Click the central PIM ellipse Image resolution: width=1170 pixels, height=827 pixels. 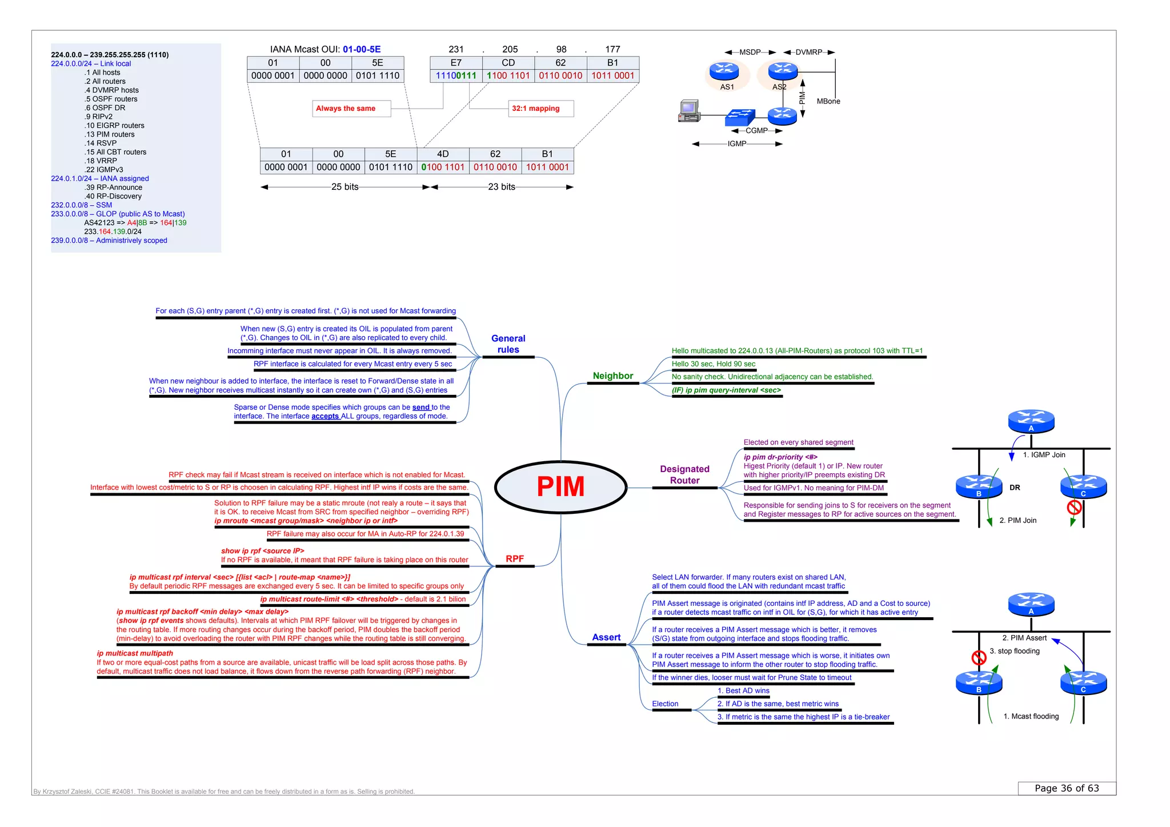click(x=560, y=487)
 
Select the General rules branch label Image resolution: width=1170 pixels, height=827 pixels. click(x=508, y=344)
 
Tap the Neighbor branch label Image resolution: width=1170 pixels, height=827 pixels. click(x=612, y=375)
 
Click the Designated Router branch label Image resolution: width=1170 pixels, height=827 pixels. click(x=684, y=474)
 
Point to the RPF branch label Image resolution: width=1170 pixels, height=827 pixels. click(x=514, y=558)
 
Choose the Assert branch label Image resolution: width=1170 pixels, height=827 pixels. click(x=606, y=637)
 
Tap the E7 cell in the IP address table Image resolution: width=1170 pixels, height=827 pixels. click(x=455, y=63)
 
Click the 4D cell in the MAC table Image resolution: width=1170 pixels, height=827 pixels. click(x=443, y=154)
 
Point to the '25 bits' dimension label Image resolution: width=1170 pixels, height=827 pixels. click(x=344, y=187)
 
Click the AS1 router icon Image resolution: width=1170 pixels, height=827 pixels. click(x=724, y=71)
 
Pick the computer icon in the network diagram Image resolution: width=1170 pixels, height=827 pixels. click(x=689, y=111)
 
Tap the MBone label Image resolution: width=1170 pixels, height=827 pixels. click(x=828, y=101)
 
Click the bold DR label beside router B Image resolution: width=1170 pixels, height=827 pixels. click(x=1015, y=488)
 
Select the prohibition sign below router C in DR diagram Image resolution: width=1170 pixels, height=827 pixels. click(x=1074, y=507)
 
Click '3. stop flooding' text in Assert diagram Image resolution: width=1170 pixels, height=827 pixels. click(x=1015, y=651)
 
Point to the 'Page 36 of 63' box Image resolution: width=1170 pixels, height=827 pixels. click(x=1066, y=788)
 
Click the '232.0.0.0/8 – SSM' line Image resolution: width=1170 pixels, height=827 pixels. click(x=82, y=205)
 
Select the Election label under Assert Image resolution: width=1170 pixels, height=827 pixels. click(x=665, y=704)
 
